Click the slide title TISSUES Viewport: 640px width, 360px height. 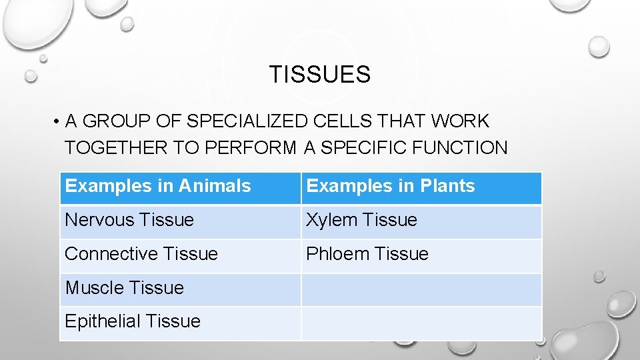[319, 75]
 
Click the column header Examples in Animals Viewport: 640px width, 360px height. [158, 186]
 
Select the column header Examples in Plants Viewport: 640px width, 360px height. [390, 186]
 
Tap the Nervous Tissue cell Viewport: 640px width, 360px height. [129, 220]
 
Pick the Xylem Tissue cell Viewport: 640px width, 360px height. [361, 220]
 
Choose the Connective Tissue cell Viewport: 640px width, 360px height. [141, 254]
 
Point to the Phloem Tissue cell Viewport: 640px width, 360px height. [367, 254]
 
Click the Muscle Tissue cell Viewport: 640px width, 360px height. [124, 288]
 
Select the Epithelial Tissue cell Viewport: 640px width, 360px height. [133, 321]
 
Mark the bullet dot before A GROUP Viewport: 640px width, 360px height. [59, 122]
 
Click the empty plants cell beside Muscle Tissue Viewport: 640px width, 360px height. [421, 289]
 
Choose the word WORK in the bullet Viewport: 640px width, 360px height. [460, 121]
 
